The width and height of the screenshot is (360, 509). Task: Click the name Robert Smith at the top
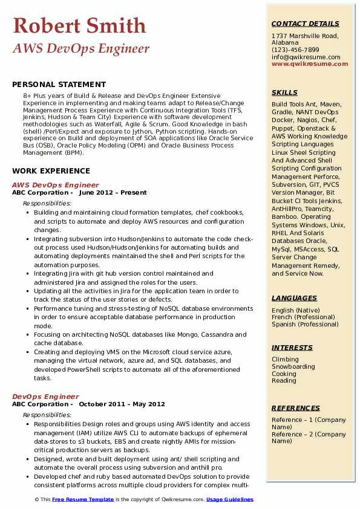tap(79, 26)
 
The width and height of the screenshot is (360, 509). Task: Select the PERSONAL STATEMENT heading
tap(59, 85)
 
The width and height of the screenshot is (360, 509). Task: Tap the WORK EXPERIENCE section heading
tap(51, 171)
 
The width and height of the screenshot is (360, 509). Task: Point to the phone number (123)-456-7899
tap(295, 50)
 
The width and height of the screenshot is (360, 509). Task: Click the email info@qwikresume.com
tap(306, 57)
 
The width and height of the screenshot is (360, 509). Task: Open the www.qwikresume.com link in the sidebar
tap(306, 64)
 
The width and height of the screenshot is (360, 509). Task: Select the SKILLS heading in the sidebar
tap(284, 92)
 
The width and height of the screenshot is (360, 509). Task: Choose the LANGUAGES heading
tap(294, 298)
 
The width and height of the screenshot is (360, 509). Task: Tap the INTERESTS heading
tap(292, 348)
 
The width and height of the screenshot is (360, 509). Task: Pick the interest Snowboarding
tap(293, 367)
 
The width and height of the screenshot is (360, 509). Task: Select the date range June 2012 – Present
tap(113, 193)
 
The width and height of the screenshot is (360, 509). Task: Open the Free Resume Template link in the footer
tap(83, 499)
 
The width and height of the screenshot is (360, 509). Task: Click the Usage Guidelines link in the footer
tap(229, 499)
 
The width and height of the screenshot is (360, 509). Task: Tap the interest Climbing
tap(285, 360)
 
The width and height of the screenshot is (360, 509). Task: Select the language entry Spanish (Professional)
tap(305, 325)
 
